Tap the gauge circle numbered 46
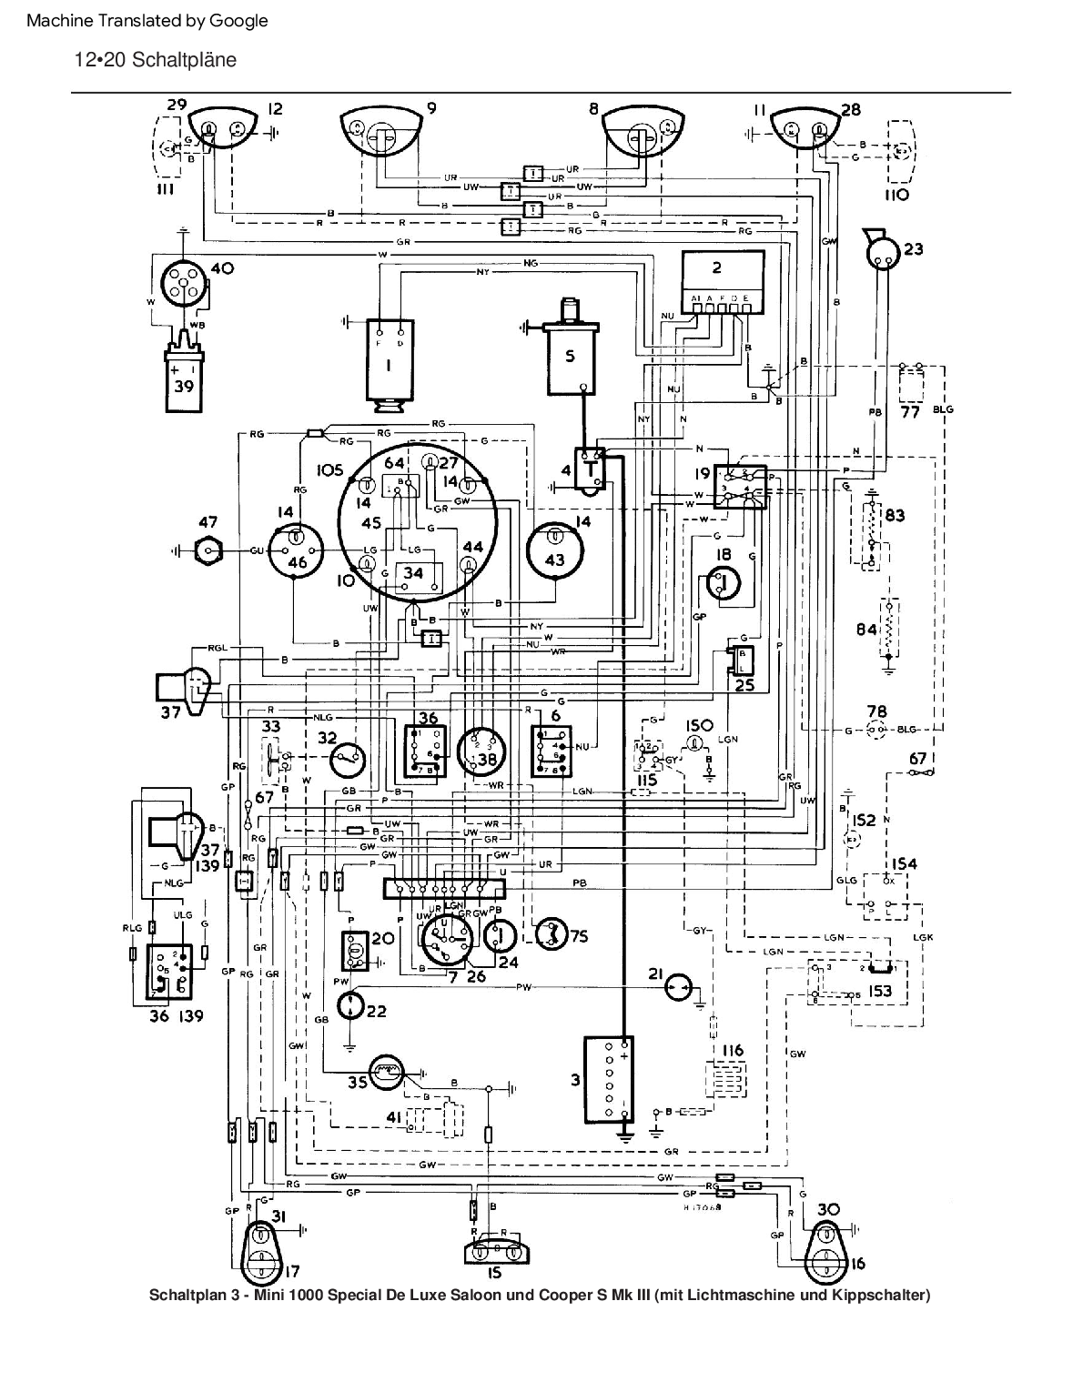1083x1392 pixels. (x=297, y=551)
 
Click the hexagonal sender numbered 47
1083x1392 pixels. (x=211, y=550)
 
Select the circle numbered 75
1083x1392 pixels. (x=550, y=935)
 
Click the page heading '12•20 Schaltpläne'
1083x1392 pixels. (x=156, y=60)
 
